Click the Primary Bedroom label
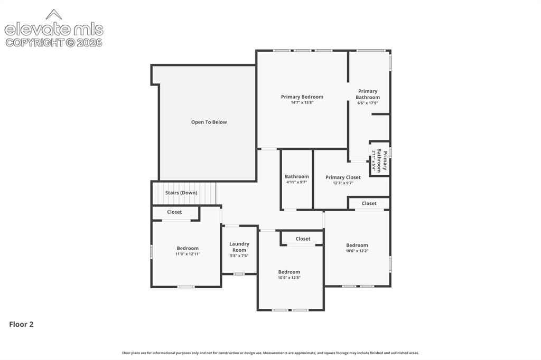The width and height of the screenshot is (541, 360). (x=302, y=97)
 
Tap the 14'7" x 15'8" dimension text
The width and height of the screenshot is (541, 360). (x=302, y=102)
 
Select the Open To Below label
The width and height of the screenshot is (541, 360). (x=209, y=122)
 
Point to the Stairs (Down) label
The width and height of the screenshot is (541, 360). (x=181, y=193)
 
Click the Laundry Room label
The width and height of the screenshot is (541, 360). (x=239, y=247)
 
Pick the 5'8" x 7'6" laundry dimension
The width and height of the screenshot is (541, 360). (x=239, y=256)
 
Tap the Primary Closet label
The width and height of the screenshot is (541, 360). (x=343, y=177)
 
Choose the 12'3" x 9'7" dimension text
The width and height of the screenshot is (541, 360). (x=343, y=183)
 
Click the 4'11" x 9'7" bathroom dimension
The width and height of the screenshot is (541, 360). (x=297, y=182)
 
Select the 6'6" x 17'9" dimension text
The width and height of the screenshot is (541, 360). (x=368, y=103)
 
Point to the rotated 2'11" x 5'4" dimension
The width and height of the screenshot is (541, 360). (x=374, y=160)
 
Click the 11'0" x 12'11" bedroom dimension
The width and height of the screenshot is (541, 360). (x=188, y=254)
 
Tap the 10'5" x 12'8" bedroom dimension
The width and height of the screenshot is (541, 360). (x=289, y=278)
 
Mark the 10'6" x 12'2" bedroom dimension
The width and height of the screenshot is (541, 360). (x=357, y=251)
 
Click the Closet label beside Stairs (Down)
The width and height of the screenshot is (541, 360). (x=174, y=212)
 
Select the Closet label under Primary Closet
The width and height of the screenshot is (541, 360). (x=369, y=203)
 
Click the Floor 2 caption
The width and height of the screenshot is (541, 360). (x=21, y=324)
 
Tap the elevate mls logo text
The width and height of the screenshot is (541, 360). (x=54, y=29)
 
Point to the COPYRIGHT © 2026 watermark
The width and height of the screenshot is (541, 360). (x=54, y=43)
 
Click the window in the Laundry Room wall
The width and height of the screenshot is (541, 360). (x=239, y=274)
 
